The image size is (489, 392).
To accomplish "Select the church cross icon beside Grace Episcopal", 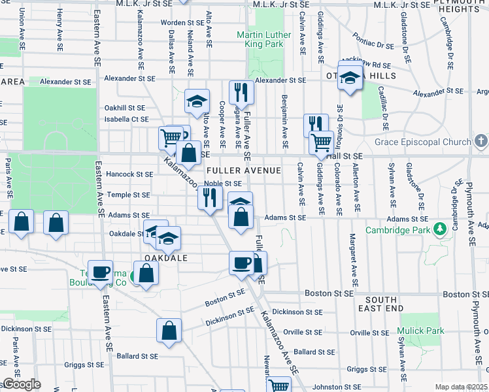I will point(481,141).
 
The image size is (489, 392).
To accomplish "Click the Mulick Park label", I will point(422,331).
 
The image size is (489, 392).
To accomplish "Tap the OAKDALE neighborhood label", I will point(166,258).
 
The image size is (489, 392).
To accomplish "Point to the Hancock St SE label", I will point(129,174).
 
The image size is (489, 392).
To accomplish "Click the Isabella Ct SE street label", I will point(126,119).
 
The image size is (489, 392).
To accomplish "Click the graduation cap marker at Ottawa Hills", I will point(350,77).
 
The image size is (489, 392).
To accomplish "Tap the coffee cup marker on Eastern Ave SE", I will point(101,272).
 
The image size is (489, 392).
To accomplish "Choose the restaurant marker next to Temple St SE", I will point(210,197).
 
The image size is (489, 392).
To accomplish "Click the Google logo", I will point(22,384).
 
